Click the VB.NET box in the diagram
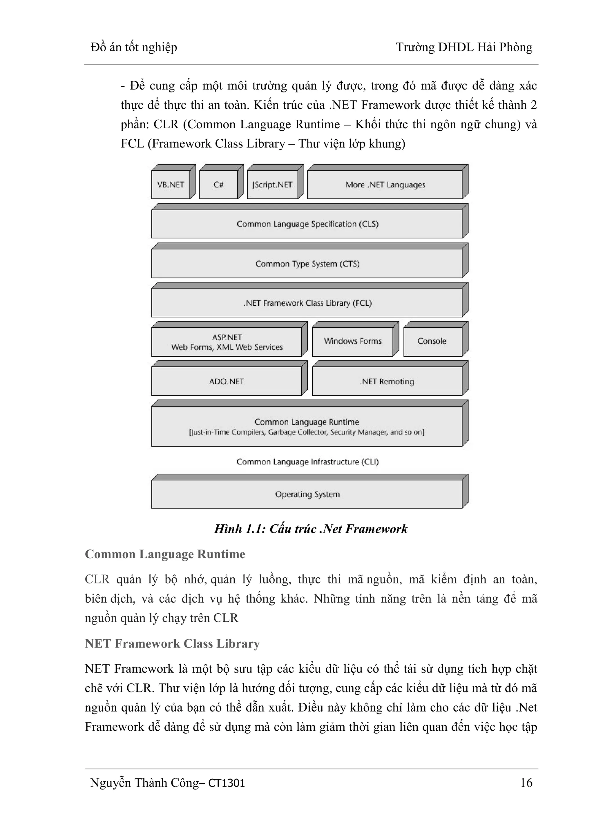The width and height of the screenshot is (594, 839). [171, 185]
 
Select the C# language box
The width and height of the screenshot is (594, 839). [218, 185]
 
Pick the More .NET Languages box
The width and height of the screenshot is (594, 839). [385, 185]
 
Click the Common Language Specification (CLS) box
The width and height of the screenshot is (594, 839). [307, 224]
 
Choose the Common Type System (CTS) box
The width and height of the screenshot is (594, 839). [307, 263]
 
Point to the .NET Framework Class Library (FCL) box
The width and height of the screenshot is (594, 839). [307, 303]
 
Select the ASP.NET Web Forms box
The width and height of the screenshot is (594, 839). [227, 342]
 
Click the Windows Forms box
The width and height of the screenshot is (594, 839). [353, 341]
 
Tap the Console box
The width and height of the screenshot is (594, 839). [432, 341]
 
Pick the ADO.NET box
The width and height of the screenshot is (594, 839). [227, 381]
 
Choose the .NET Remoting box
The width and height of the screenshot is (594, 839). [387, 381]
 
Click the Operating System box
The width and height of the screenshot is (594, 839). [307, 494]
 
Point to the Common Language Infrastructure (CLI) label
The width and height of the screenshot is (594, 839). [307, 462]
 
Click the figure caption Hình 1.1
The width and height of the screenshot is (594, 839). [311, 529]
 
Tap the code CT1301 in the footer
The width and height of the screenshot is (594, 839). [227, 783]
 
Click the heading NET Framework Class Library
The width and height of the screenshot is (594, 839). [172, 643]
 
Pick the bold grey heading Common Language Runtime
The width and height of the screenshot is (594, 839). [165, 554]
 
